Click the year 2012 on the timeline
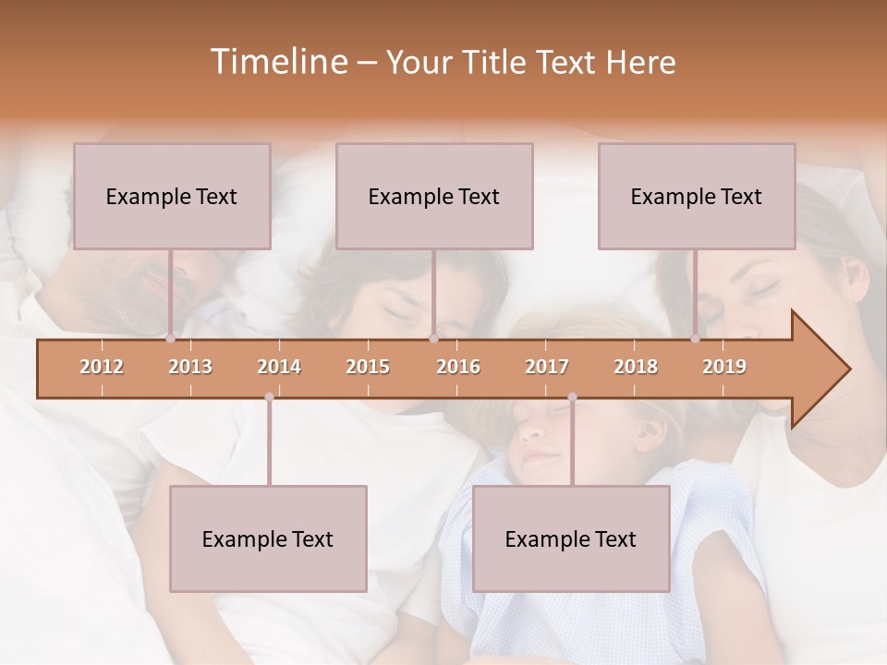point(102,368)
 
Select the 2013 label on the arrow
point(190,368)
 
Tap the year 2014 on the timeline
point(279,368)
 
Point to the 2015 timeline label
point(368,368)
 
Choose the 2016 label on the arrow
point(458,368)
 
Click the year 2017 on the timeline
point(547,368)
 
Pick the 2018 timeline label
point(636,368)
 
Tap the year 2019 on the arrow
point(724,368)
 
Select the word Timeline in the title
point(276,62)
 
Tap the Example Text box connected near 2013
point(172,196)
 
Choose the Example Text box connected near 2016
point(434,196)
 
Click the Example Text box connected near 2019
point(697,196)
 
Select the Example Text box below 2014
point(268,538)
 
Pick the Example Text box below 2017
point(571,538)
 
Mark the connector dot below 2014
point(269,397)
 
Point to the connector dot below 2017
point(572,397)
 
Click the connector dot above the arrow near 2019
point(696,339)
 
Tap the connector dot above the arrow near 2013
point(171,339)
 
